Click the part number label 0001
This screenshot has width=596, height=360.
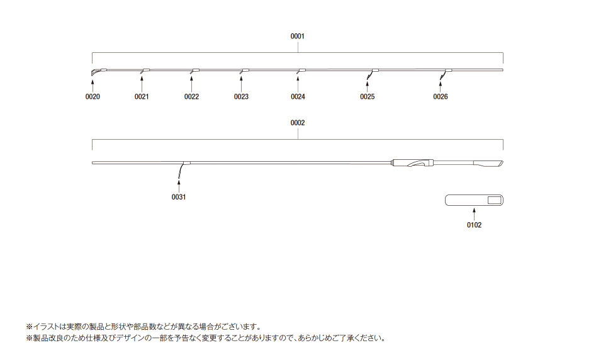point(297,37)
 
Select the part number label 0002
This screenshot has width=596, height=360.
point(297,123)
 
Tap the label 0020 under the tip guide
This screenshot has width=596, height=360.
point(93,97)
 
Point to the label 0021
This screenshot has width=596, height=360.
point(142,97)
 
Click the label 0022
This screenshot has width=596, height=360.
point(191,97)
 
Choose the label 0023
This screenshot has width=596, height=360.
point(241,97)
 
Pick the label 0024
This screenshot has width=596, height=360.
point(298,97)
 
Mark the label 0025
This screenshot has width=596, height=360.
point(368,97)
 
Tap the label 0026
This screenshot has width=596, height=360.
point(441,97)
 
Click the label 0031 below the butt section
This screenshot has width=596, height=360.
point(179,197)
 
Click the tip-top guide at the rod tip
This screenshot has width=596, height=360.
point(93,73)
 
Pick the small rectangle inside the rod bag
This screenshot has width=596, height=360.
point(494,200)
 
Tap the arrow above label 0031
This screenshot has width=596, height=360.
point(179,185)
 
